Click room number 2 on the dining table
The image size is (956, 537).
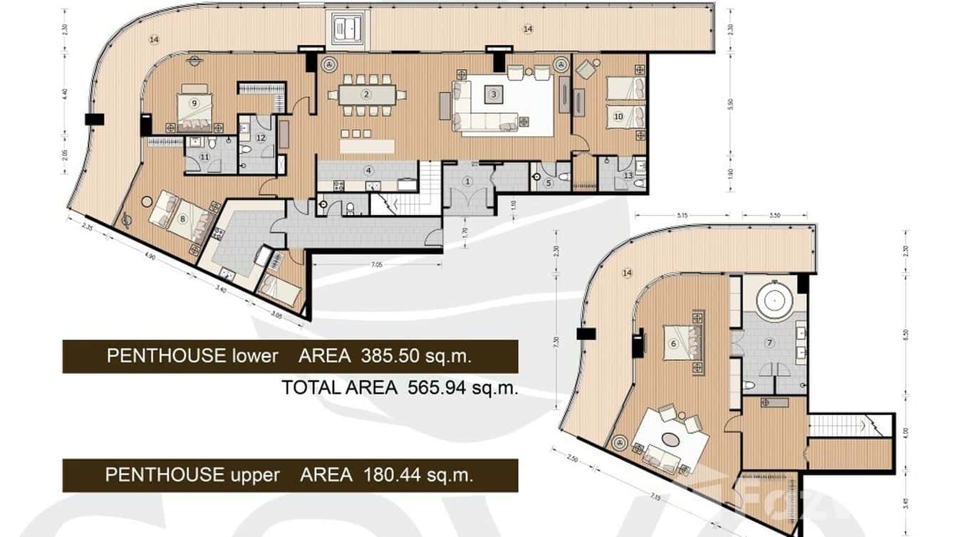point(366,94)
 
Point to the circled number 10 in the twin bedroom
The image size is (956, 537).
point(618,115)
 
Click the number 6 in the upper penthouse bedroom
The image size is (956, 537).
point(672,343)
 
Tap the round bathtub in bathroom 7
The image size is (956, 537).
point(771,301)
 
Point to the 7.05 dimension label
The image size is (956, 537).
point(377,264)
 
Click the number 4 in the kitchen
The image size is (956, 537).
point(368,170)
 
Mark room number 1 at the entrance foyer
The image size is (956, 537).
point(468,182)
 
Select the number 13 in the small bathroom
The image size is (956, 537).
point(628,175)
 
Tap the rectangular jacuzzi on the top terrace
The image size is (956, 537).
point(345,28)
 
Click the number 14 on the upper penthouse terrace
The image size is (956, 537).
point(627,273)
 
